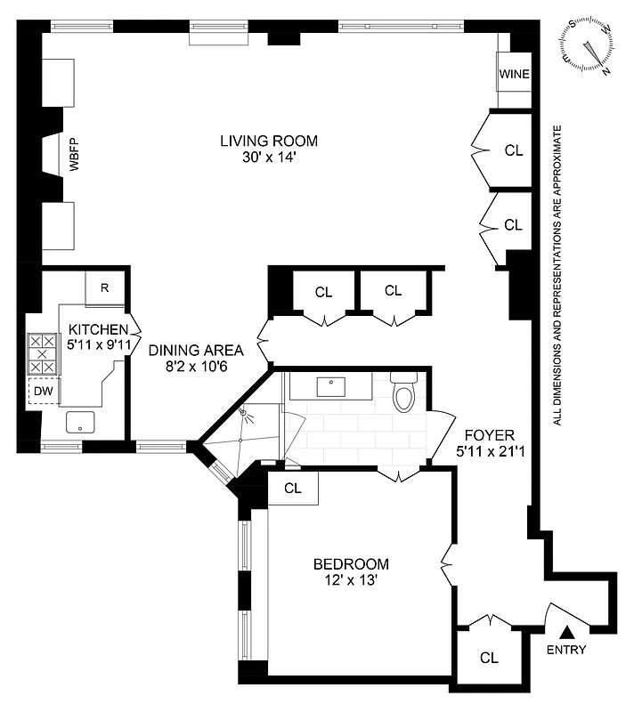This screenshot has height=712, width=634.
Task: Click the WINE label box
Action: [x=514, y=74]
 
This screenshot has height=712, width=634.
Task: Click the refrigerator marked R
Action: [x=104, y=287]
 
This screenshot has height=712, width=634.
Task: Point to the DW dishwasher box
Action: [x=44, y=390]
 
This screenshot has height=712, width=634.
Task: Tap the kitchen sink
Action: [x=81, y=423]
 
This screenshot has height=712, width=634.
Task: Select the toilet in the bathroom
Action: [x=403, y=394]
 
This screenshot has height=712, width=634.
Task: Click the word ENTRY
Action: [x=566, y=650]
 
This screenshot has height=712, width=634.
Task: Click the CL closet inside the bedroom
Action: [x=292, y=488]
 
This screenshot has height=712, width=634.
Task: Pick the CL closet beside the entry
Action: [x=488, y=658]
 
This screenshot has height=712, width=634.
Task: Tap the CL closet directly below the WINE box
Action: [x=513, y=150]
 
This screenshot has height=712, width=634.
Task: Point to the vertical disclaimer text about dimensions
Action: [x=557, y=276]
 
